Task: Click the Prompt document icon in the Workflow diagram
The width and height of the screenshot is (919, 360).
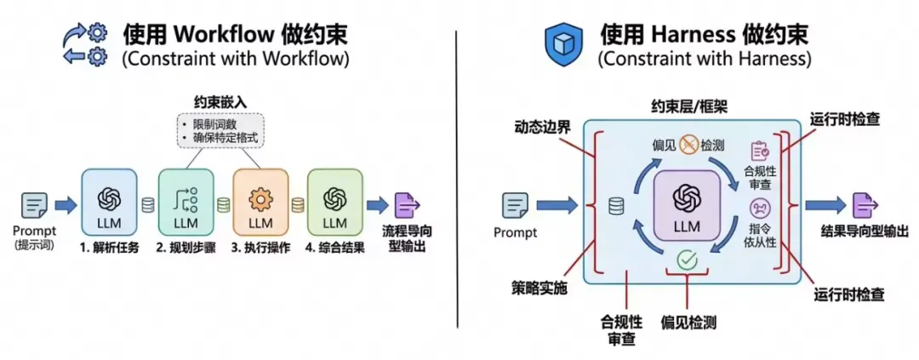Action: pyautogui.click(x=35, y=205)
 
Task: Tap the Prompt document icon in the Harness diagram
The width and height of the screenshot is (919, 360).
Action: pyautogui.click(x=515, y=205)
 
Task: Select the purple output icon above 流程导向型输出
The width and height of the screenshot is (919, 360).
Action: pyautogui.click(x=405, y=206)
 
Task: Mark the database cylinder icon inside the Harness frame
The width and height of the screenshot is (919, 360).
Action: pyautogui.click(x=616, y=205)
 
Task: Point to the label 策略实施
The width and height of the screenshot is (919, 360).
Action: pyautogui.click(x=537, y=289)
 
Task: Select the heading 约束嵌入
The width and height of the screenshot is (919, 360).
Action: pyautogui.click(x=220, y=101)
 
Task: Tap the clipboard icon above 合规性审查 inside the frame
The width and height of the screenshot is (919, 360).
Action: pyautogui.click(x=760, y=151)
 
